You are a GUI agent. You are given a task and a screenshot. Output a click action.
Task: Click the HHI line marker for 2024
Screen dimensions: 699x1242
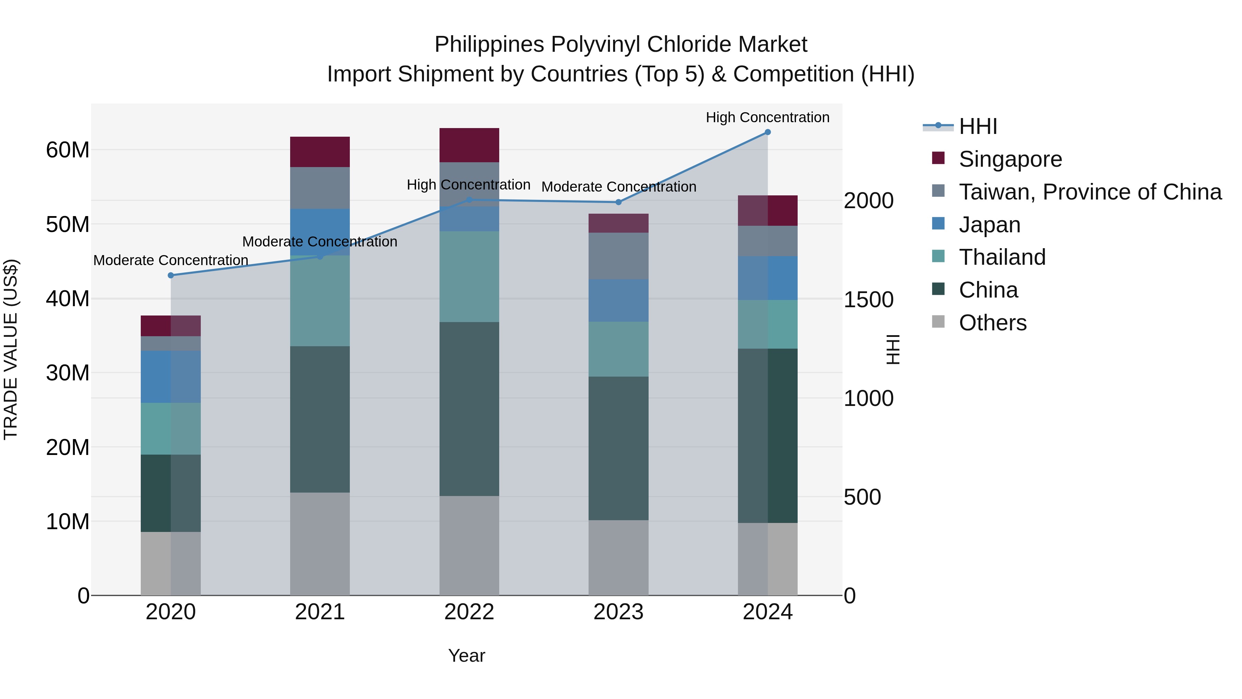tap(768, 132)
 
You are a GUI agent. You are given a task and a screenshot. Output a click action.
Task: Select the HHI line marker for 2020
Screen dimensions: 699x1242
tap(171, 275)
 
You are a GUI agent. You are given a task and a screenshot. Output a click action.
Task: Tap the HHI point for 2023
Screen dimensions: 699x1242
tap(619, 202)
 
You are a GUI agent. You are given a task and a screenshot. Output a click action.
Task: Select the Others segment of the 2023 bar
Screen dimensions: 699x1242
tap(619, 558)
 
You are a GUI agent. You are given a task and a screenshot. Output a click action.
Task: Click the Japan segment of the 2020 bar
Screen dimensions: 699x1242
tap(171, 377)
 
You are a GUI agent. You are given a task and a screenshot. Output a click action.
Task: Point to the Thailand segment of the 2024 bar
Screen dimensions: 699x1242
tap(768, 324)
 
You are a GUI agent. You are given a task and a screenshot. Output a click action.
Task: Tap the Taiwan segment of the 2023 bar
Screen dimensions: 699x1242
tap(619, 256)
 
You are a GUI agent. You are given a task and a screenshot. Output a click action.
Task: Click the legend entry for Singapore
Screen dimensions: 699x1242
tap(1010, 159)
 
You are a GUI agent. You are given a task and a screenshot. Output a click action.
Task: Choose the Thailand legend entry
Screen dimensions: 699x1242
tap(1002, 257)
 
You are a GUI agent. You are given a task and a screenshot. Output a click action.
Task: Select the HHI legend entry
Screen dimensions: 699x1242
tap(977, 126)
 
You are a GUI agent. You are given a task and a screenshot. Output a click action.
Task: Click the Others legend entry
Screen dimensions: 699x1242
tap(992, 323)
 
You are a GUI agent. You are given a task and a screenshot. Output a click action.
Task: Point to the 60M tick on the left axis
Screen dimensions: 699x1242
tap(68, 150)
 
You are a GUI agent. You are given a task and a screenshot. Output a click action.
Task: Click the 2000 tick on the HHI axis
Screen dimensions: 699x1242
tap(868, 201)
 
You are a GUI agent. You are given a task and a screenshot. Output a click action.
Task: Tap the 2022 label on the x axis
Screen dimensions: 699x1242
tap(469, 612)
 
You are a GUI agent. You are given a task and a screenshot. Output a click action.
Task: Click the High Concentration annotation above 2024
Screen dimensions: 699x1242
tap(768, 117)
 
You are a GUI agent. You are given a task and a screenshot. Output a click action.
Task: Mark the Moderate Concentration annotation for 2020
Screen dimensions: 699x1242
tap(171, 260)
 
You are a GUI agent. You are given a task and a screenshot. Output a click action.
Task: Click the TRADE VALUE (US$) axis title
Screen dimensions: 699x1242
tap(11, 349)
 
